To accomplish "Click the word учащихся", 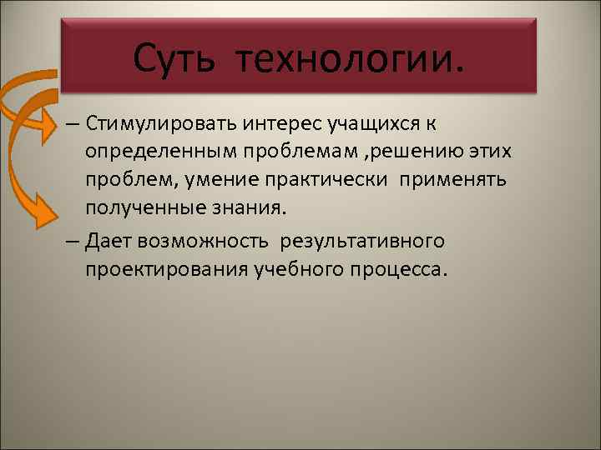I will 360,124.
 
